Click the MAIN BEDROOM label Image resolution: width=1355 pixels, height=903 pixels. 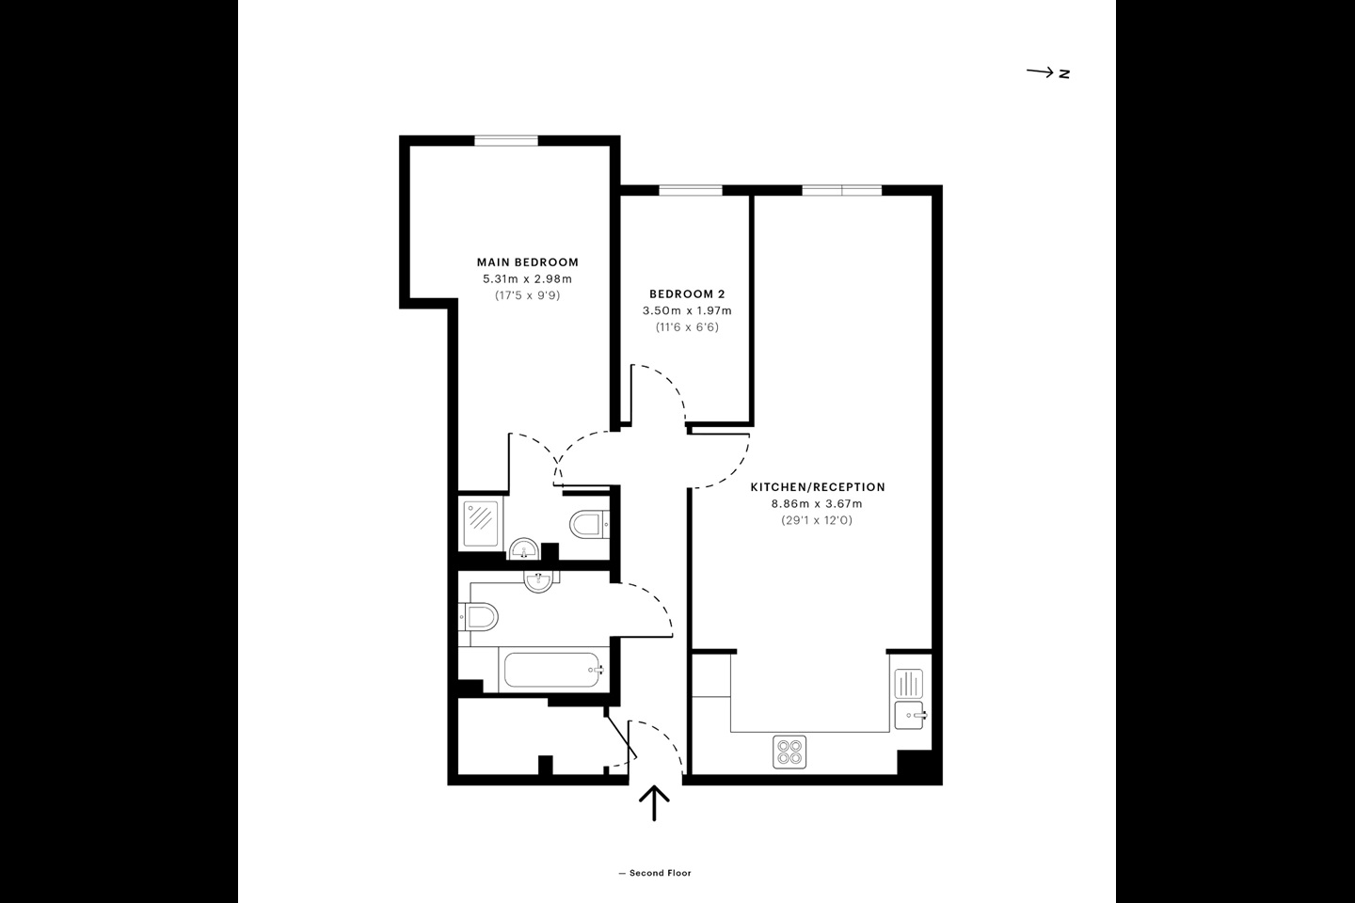click(x=527, y=262)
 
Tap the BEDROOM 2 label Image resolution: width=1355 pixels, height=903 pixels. click(x=687, y=294)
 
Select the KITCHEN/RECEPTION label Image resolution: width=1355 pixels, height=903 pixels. click(x=817, y=487)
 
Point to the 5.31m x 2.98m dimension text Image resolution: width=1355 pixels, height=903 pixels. click(x=527, y=278)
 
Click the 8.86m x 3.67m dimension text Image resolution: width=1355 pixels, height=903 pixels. click(x=817, y=503)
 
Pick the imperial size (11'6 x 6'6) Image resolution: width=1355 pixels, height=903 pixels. click(x=687, y=327)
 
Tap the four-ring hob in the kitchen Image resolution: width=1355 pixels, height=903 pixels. click(x=789, y=752)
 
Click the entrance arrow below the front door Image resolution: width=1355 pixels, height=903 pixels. click(x=654, y=802)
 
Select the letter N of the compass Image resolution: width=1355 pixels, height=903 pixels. click(x=1064, y=73)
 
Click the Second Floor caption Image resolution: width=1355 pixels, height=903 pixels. click(x=655, y=873)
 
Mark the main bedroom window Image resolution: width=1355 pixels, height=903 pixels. click(x=506, y=141)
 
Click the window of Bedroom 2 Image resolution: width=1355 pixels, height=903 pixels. click(x=691, y=191)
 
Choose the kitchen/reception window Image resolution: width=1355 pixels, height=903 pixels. click(x=841, y=191)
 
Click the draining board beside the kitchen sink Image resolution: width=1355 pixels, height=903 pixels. click(x=909, y=682)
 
